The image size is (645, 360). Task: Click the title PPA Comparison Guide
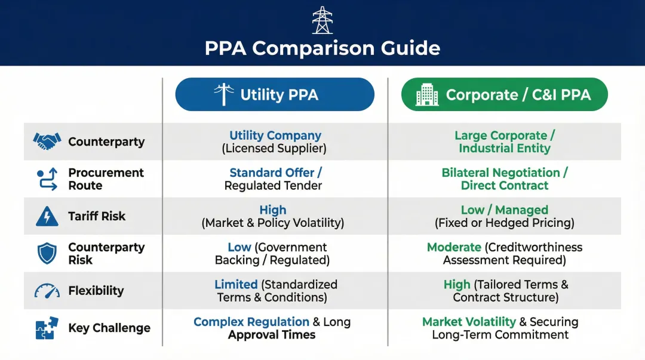coord(322,48)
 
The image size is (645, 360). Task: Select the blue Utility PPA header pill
coord(275,94)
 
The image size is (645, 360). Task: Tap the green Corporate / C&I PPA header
coord(504,94)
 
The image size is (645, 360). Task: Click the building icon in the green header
coord(427,94)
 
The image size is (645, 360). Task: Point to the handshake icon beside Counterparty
coord(47,141)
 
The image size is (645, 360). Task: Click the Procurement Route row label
coord(106,179)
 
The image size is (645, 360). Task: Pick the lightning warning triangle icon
coord(47,216)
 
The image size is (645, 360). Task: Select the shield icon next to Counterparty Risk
coord(47,253)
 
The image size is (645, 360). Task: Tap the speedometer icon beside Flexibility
coord(47,291)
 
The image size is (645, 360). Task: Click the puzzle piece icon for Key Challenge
coord(47,328)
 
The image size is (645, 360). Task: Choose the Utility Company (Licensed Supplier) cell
coord(275,141)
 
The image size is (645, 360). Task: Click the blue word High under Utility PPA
coord(273,210)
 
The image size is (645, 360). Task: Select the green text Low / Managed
coord(504,210)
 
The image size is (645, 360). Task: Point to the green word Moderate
coord(454,247)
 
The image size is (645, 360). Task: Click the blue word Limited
coord(236,285)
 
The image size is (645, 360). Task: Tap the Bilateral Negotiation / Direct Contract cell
coord(504,179)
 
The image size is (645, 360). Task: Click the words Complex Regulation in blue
coord(251,322)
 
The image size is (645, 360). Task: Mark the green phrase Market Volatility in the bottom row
coord(469,322)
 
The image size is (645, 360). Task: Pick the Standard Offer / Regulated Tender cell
coord(275,179)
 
